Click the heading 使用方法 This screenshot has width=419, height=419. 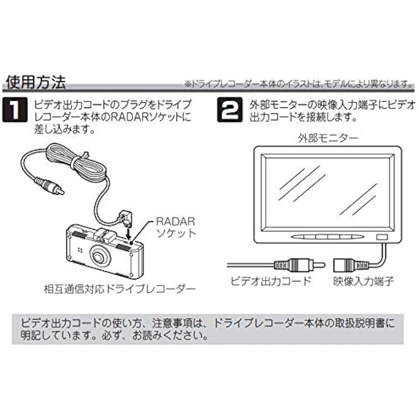[x=36, y=82]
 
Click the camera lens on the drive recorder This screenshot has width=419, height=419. [x=100, y=256]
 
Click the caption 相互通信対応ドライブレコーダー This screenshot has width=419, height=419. [x=119, y=289]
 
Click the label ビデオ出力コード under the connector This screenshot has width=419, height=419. [x=271, y=281]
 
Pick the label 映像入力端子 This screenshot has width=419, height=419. [x=363, y=281]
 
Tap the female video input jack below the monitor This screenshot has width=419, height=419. [x=350, y=265]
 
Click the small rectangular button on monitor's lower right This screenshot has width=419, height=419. [x=382, y=237]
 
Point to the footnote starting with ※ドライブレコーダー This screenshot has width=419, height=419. [x=298, y=84]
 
